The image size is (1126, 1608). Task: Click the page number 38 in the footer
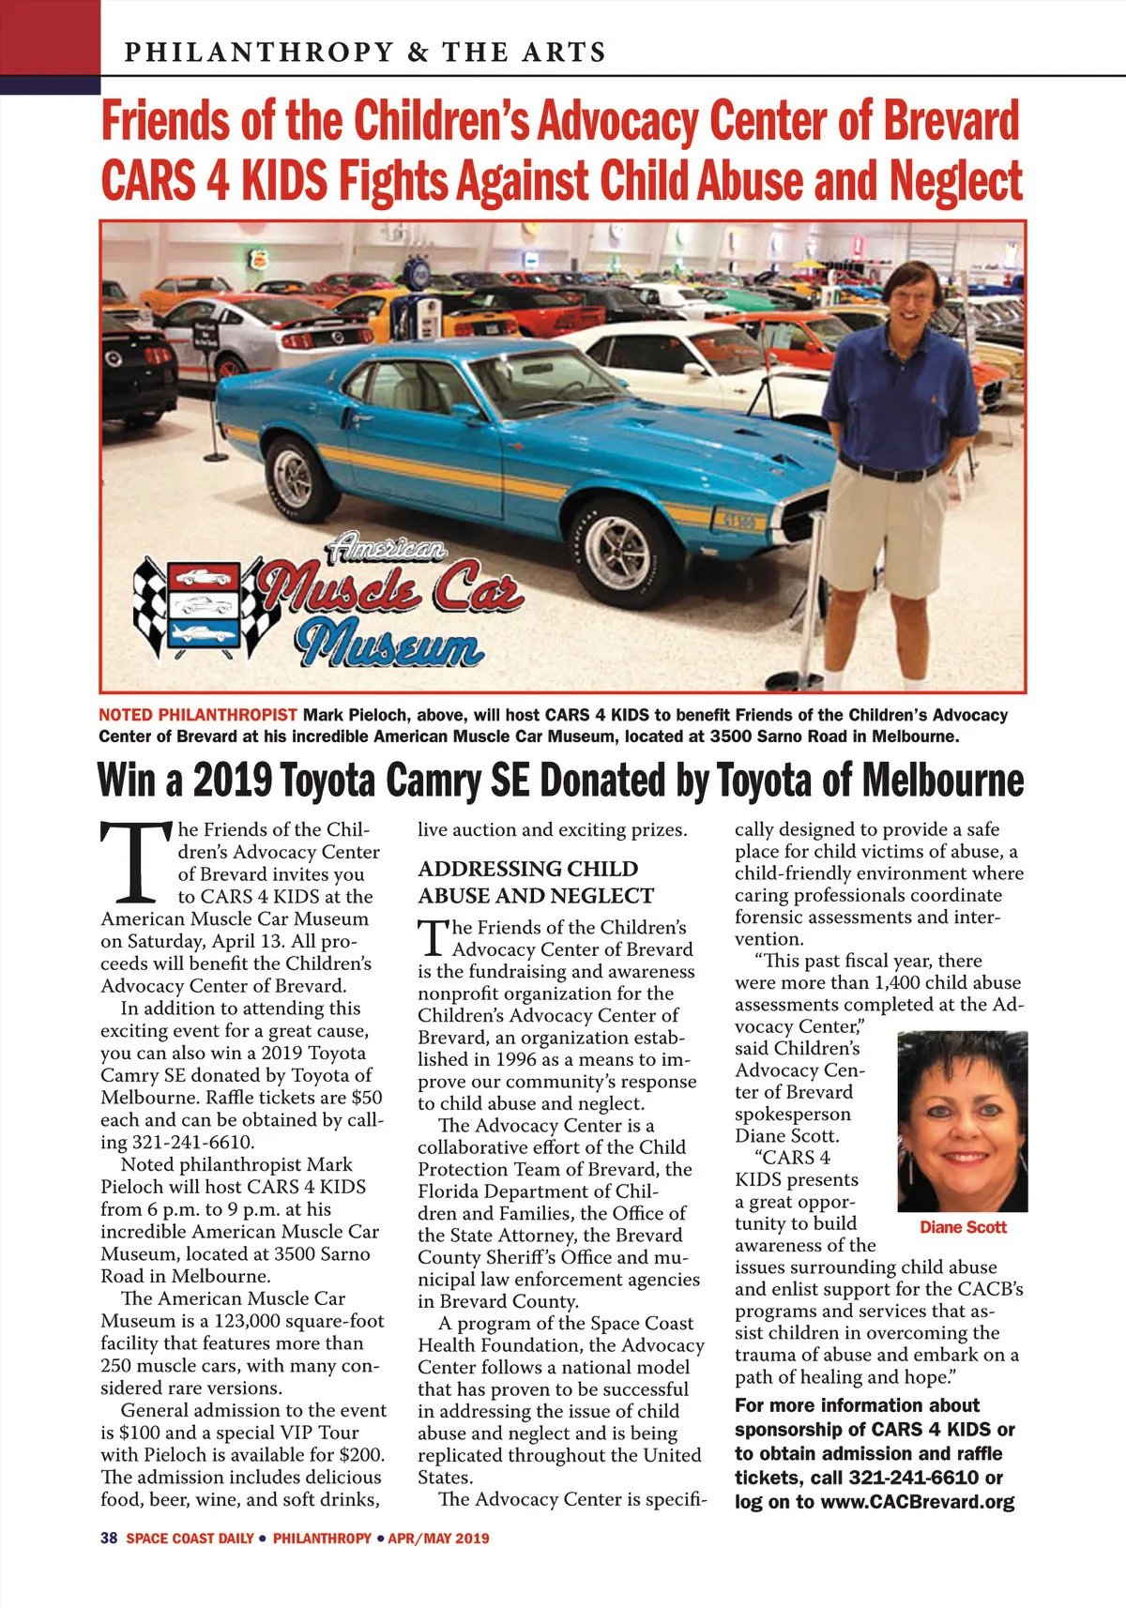[108, 1538]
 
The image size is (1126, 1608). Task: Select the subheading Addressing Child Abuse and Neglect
[535, 882]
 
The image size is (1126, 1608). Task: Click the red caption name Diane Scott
[963, 1227]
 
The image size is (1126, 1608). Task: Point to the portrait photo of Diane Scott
[963, 1121]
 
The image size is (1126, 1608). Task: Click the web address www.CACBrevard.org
[918, 1501]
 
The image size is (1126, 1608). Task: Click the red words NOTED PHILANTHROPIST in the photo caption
[198, 715]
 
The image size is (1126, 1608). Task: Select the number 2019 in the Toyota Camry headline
[232, 780]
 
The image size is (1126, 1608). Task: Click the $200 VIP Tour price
[360, 1455]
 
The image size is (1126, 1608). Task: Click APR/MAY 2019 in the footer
[438, 1538]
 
